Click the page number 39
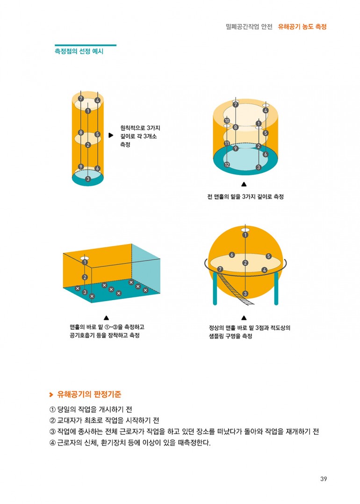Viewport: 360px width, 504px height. pos(324,479)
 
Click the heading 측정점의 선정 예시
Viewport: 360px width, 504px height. pos(79,51)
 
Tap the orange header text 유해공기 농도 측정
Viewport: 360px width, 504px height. pos(302,27)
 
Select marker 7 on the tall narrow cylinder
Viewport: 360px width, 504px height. pos(81,99)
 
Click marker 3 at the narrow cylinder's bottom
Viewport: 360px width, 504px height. pos(88,179)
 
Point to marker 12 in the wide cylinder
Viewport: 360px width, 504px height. pos(227,165)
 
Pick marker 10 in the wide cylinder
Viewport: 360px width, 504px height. pos(227,121)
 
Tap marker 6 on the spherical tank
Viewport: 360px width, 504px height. pos(232,255)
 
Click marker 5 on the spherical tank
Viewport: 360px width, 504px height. pos(268,256)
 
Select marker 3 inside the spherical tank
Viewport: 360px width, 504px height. pos(245,294)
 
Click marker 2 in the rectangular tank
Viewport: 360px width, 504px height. pos(85,277)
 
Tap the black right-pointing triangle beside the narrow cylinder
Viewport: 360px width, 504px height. pos(111,135)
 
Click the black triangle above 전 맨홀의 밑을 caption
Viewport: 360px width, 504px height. pos(244,184)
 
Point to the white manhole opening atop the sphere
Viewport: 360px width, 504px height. pos(245,230)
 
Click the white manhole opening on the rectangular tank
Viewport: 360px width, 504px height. pos(85,258)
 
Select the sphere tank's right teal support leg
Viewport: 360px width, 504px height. pos(276,288)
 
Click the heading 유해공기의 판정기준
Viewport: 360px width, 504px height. pos(89,395)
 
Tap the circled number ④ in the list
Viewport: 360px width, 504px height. pos(52,443)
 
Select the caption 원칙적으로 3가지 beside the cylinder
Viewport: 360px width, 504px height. pos(140,128)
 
